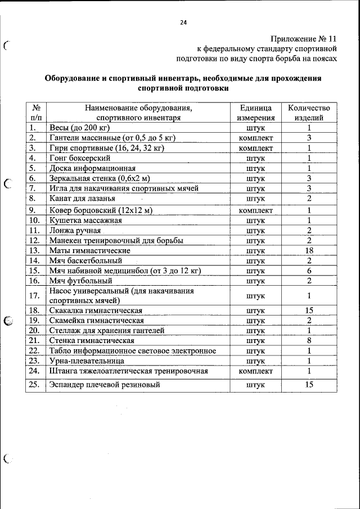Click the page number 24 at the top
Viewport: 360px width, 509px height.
click(183, 22)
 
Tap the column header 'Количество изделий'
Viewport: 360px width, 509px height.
click(309, 113)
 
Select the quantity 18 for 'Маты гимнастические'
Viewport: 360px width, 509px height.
click(309, 250)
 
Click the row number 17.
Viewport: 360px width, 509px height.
click(35, 295)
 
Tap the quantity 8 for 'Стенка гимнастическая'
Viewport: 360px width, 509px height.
click(309, 340)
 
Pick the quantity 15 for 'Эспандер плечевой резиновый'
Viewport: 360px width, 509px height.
click(309, 385)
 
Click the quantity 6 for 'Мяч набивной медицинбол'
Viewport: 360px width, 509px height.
click(309, 271)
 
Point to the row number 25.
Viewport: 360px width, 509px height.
click(35, 385)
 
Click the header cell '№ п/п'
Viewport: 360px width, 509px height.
click(35, 113)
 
